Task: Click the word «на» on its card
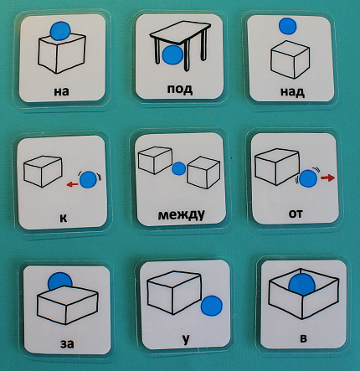[61, 91]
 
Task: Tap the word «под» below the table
[180, 89]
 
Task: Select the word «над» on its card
[292, 91]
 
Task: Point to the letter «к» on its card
[64, 218]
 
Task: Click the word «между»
[181, 215]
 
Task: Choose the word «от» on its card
[296, 214]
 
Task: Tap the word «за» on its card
[67, 343]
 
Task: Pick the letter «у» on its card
[186, 339]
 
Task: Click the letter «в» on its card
[303, 338]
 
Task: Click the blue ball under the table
[173, 55]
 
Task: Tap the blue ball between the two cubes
[179, 168]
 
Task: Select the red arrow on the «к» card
[73, 184]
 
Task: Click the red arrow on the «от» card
[327, 178]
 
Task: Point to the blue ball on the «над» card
[288, 26]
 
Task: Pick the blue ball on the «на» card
[60, 30]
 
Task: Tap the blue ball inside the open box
[302, 284]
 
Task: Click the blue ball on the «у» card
[212, 306]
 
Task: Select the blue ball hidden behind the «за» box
[60, 281]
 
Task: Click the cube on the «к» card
[43, 171]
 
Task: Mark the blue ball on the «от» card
[308, 178]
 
